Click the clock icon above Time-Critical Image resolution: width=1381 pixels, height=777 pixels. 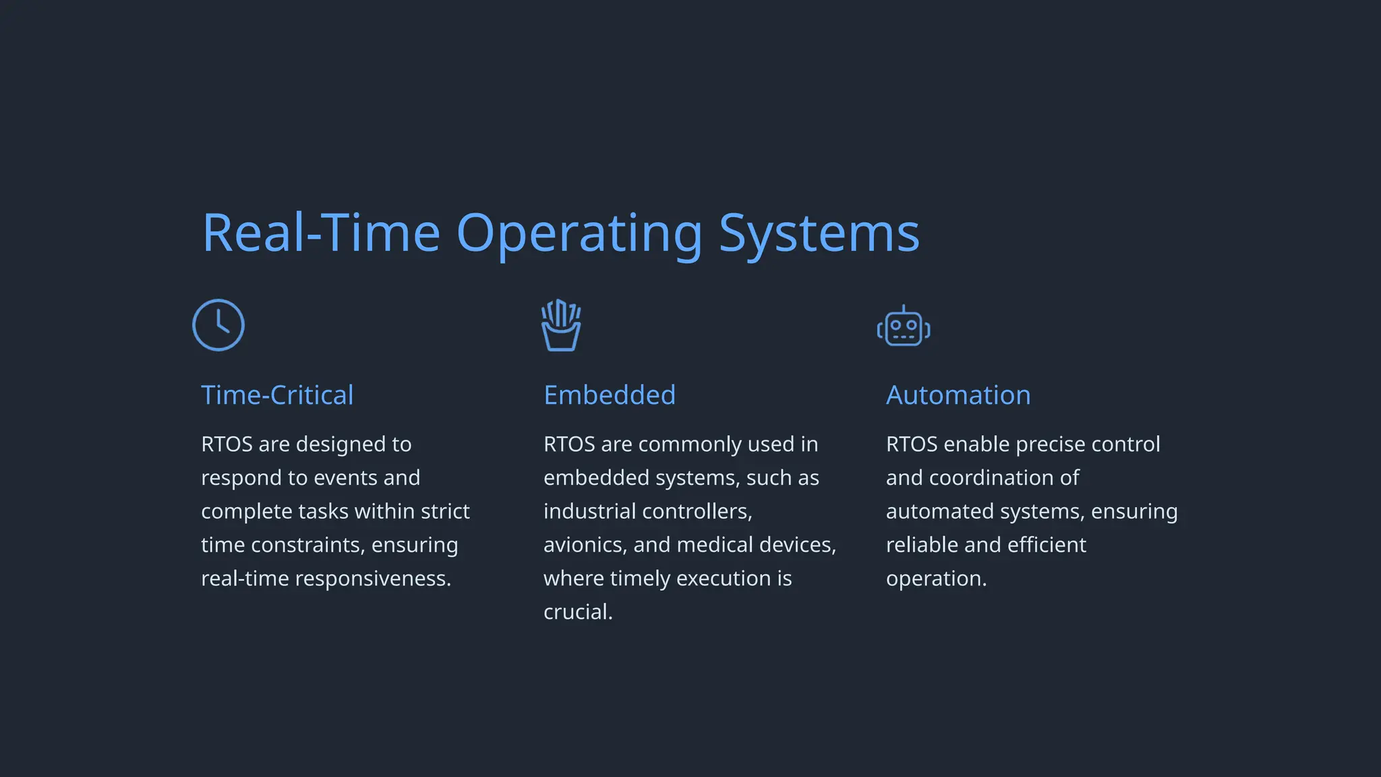click(218, 325)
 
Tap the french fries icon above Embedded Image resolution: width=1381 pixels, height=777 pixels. click(561, 326)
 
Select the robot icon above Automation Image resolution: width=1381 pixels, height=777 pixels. click(904, 327)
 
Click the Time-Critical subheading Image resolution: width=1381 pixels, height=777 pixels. click(277, 395)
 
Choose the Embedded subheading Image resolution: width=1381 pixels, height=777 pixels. click(610, 395)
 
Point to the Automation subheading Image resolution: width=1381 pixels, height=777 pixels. click(958, 395)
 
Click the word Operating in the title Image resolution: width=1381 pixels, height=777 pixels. click(579, 233)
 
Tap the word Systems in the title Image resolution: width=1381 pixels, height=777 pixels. click(819, 233)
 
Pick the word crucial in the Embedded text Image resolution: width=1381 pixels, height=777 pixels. click(578, 612)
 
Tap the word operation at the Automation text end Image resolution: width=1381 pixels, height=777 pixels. click(936, 579)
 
